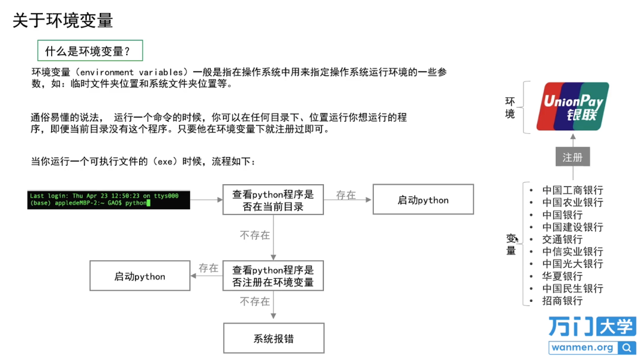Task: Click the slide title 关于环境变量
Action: click(x=63, y=21)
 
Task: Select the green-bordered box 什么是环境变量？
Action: click(x=90, y=51)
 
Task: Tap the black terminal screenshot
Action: click(x=109, y=200)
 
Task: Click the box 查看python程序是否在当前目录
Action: click(x=273, y=200)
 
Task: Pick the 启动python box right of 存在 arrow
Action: click(x=423, y=200)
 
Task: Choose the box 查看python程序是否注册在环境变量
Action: click(x=273, y=276)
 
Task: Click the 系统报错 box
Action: click(x=273, y=339)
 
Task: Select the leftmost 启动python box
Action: click(x=140, y=276)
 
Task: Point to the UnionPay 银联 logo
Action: click(x=572, y=106)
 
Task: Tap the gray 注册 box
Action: click(x=572, y=157)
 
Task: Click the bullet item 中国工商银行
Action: click(x=572, y=190)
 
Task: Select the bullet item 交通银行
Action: click(x=562, y=239)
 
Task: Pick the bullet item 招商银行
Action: click(x=562, y=301)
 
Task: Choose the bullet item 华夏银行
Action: click(x=562, y=276)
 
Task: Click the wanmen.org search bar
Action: click(x=592, y=348)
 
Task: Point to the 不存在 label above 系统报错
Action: click(x=254, y=302)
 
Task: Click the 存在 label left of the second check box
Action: click(x=208, y=269)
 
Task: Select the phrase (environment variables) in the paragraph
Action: click(x=131, y=72)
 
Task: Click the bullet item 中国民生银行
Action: click(x=572, y=288)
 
